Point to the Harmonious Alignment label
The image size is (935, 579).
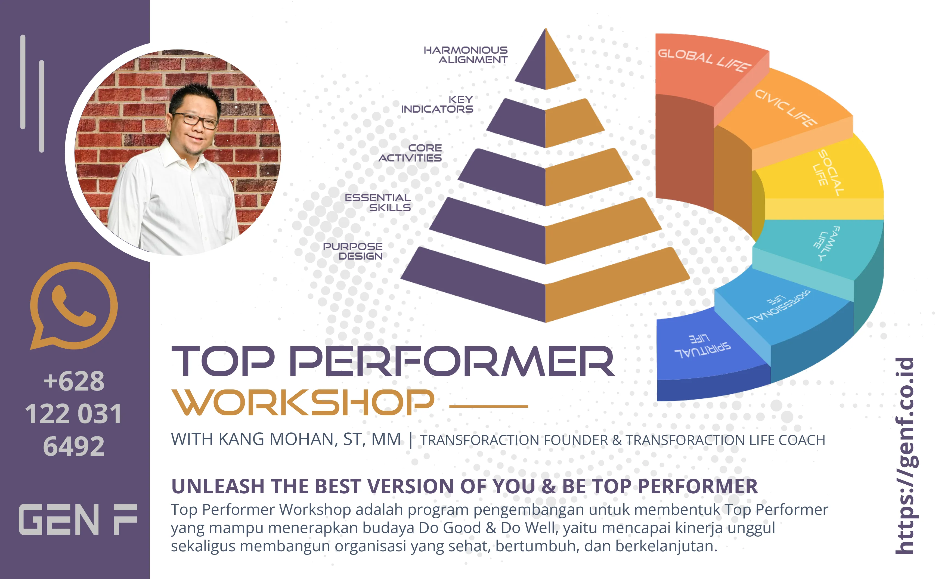[466, 55]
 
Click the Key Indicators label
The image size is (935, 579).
[437, 104]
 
